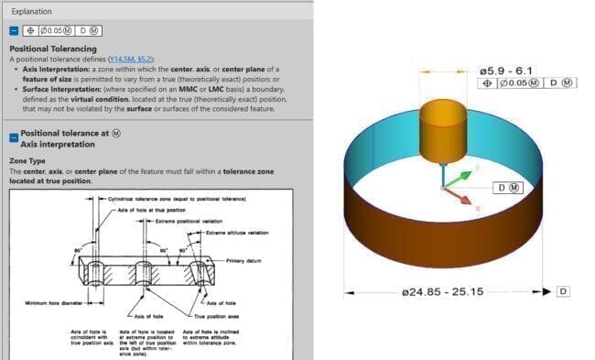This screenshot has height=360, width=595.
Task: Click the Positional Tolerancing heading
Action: pos(52,49)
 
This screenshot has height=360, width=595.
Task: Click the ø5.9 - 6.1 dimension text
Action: pos(506,70)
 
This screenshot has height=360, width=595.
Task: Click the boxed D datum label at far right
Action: pos(563,292)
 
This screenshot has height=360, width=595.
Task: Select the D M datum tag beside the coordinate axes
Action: pos(507,188)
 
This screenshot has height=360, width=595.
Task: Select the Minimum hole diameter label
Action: pos(48,302)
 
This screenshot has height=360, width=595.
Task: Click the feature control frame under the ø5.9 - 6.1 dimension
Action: pos(528,83)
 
